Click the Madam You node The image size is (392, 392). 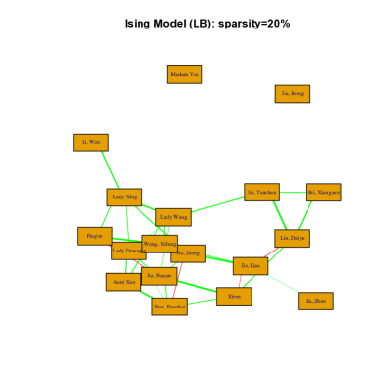click(184, 74)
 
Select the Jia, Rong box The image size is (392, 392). click(292, 94)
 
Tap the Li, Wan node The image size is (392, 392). click(90, 142)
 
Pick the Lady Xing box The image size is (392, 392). click(124, 197)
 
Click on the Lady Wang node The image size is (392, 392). click(173, 217)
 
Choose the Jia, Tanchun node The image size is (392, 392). click(261, 193)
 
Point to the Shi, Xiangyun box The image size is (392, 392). click(323, 193)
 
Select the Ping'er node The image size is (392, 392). click(94, 236)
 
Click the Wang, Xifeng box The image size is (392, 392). click(160, 244)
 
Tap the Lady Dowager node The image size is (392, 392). click(128, 251)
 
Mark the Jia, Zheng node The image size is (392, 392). click(190, 253)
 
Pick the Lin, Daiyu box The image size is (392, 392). click(292, 238)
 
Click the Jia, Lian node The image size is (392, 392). click(251, 265)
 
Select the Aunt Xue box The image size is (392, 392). click(123, 282)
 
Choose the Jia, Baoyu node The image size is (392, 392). click(158, 276)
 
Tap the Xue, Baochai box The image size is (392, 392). click(169, 307)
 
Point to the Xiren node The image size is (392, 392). click(234, 296)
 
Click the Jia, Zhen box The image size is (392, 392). click(315, 301)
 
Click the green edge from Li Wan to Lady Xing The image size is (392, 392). click(107, 170)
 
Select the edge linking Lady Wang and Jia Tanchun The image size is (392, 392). click(217, 204)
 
